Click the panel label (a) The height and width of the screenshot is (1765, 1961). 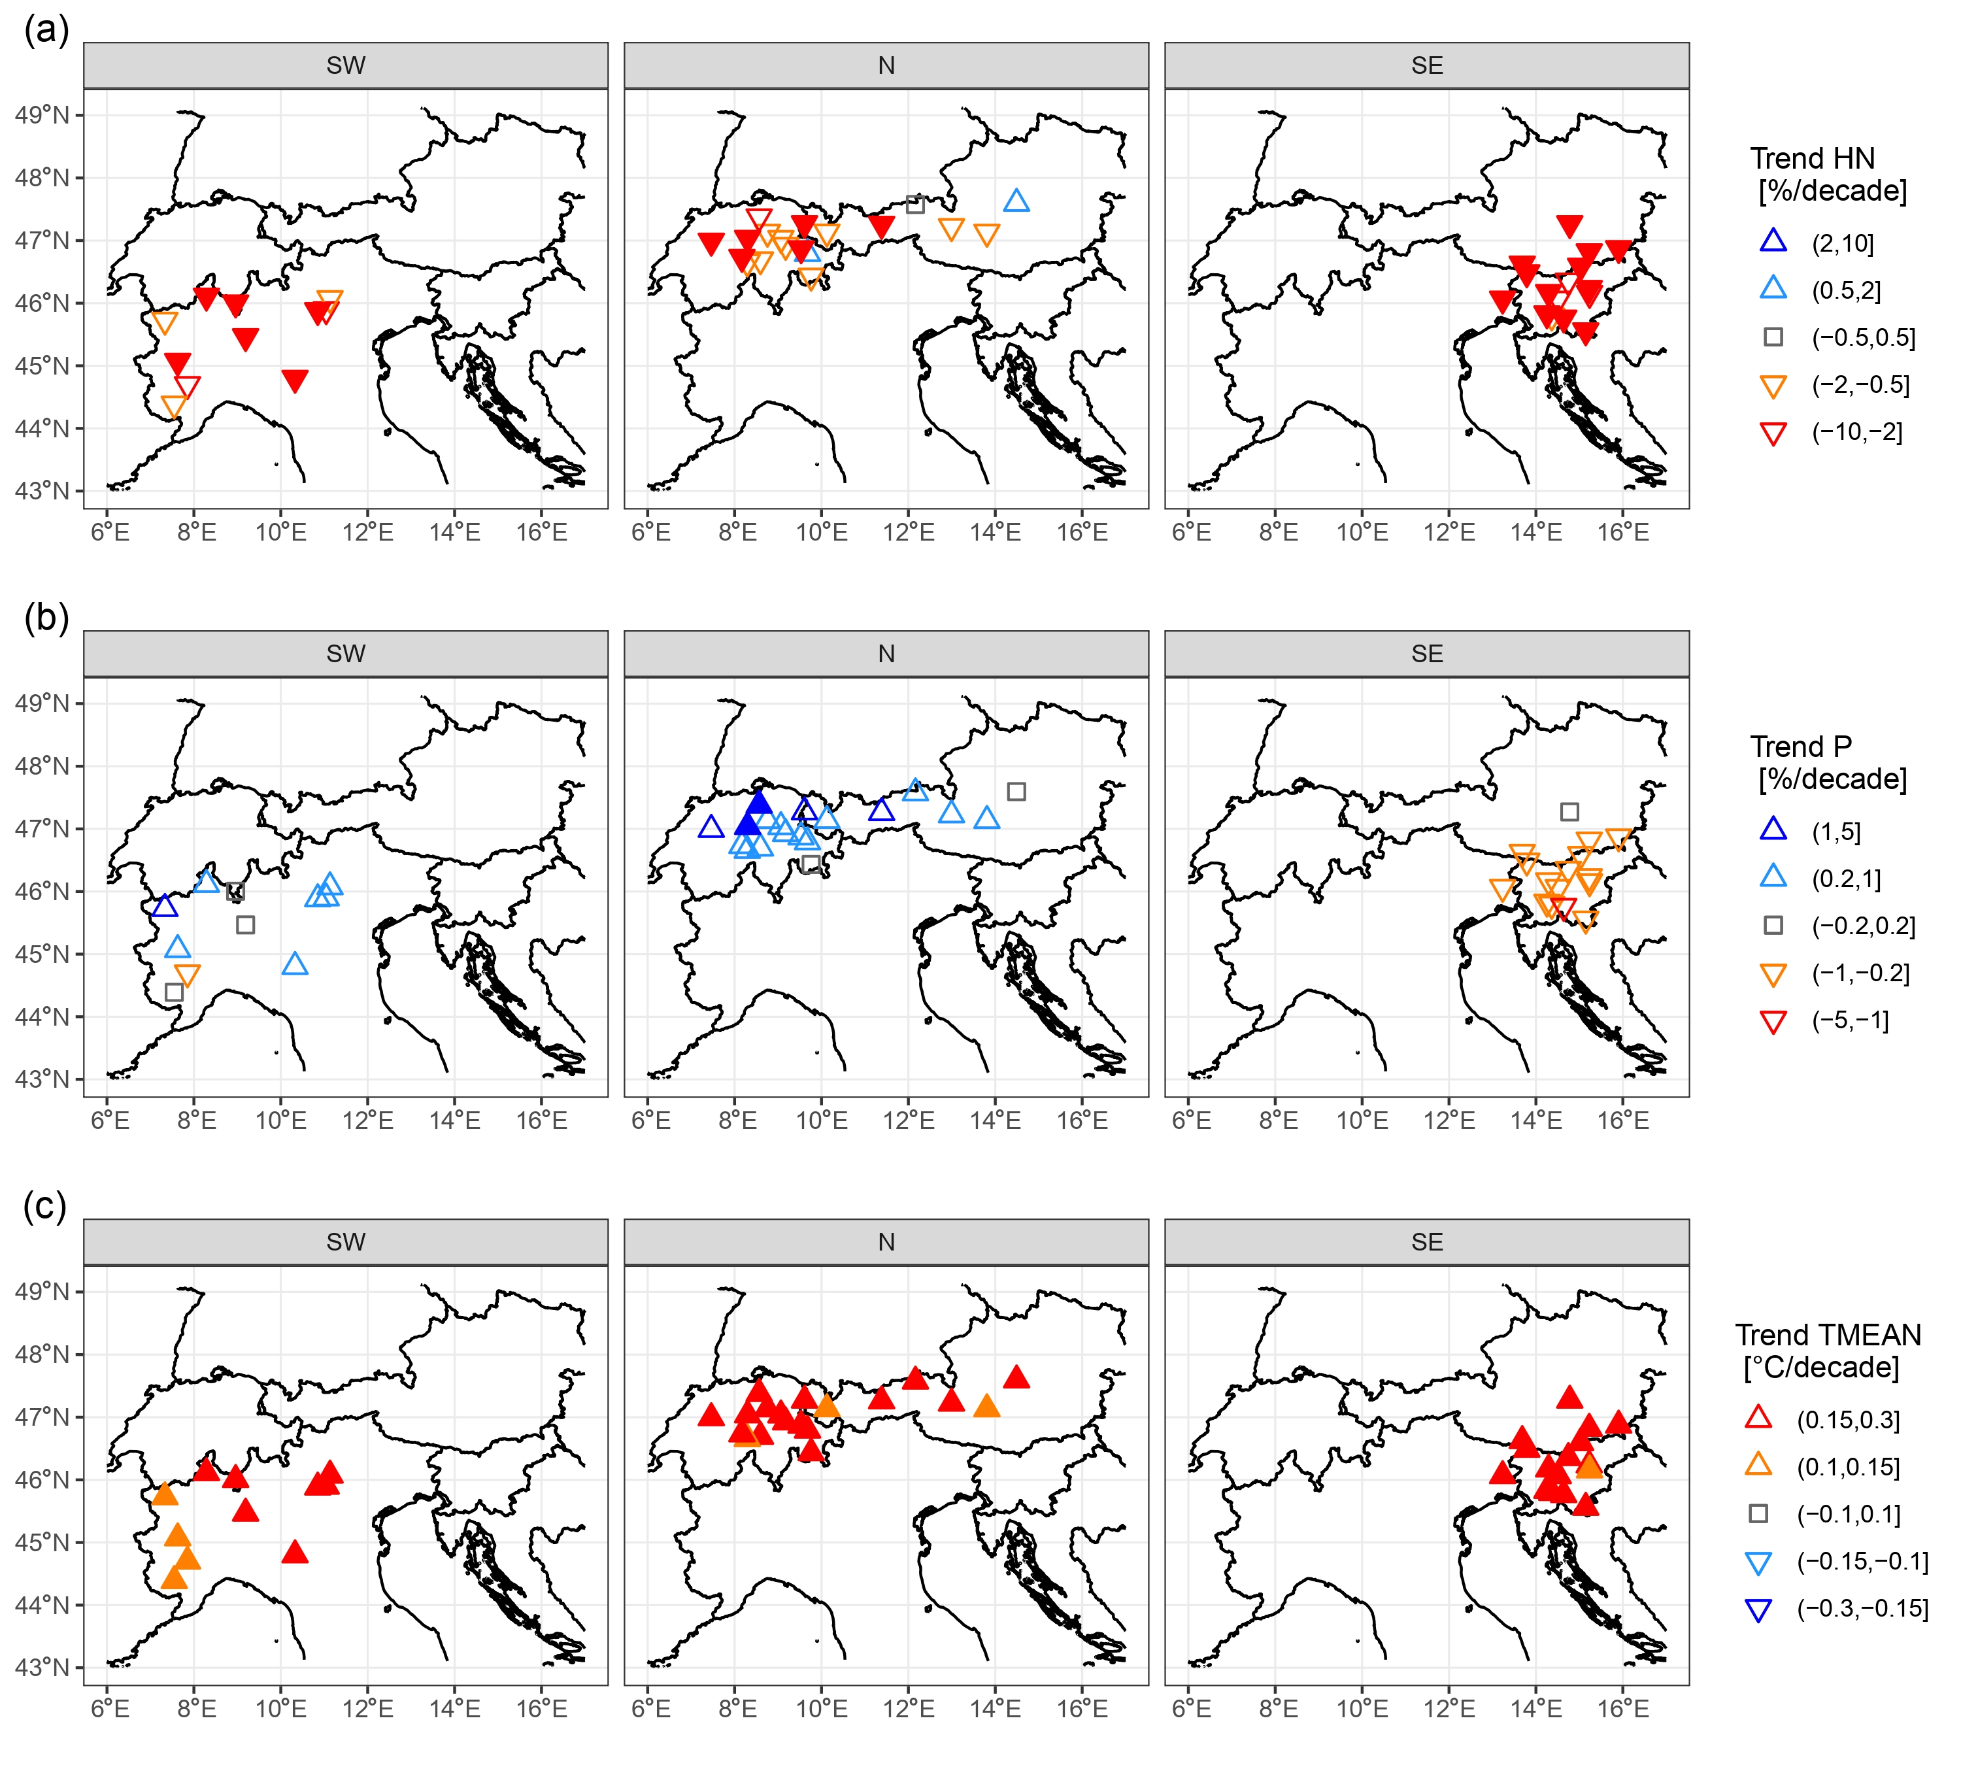point(46,31)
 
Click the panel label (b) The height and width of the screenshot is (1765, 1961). point(46,618)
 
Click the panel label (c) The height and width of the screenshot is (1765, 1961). point(46,1207)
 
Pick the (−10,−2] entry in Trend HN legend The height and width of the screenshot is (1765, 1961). point(1856,433)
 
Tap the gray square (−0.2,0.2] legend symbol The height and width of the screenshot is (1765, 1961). point(1773,925)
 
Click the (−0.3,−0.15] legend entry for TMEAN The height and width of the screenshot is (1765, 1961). point(1862,1609)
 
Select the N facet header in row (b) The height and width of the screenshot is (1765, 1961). point(886,654)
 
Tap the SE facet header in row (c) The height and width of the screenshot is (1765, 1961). point(1426,1242)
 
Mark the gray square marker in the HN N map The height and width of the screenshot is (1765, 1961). point(914,205)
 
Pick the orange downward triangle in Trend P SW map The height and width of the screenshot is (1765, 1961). point(187,975)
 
